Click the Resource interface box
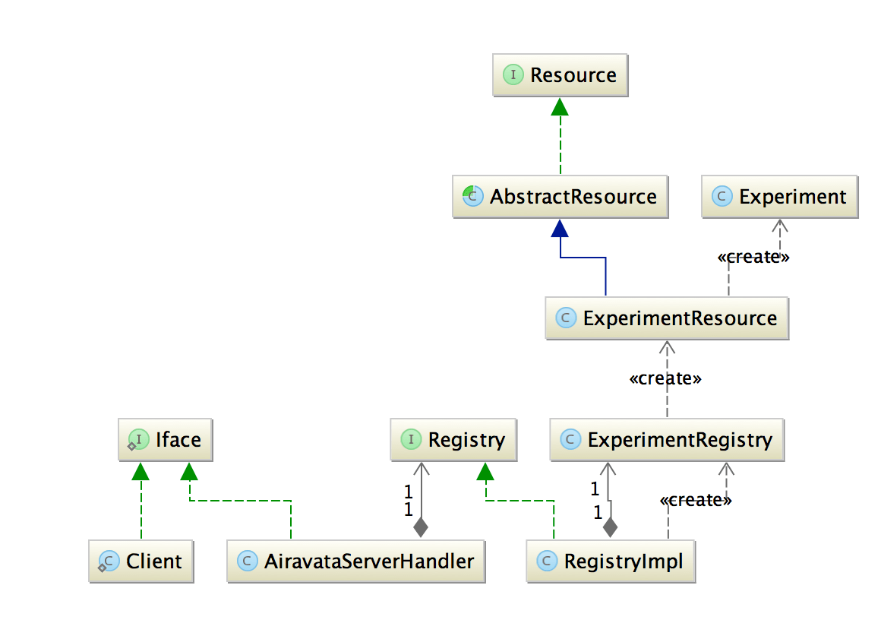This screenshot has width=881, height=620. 560,75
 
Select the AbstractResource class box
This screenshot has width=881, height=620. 560,197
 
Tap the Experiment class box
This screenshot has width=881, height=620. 780,197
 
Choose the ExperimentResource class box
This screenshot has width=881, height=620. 667,318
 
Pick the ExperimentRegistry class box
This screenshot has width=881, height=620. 667,440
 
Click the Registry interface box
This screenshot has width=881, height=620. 453,440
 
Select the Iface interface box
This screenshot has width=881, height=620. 165,440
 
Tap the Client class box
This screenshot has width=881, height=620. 141,561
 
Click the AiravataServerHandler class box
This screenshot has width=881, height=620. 355,561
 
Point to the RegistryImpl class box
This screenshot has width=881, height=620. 611,561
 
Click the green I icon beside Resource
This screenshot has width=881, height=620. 513,75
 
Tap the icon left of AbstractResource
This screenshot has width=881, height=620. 472,197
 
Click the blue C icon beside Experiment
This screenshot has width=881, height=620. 722,197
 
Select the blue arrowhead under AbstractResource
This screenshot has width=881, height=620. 560,228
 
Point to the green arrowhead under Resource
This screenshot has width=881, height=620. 560,106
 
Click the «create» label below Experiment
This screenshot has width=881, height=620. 753,257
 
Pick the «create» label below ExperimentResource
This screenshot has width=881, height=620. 665,378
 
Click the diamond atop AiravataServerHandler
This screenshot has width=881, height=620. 420,526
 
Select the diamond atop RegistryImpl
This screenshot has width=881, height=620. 608,526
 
